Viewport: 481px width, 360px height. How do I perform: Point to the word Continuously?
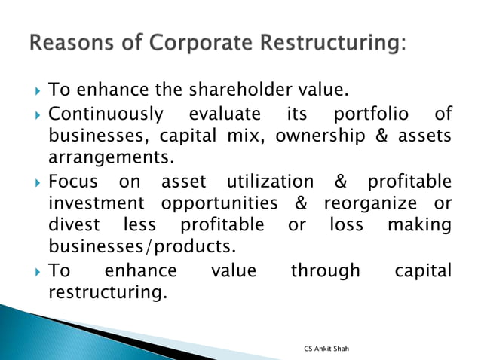pos(106,115)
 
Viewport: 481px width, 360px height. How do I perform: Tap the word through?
pos(325,270)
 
